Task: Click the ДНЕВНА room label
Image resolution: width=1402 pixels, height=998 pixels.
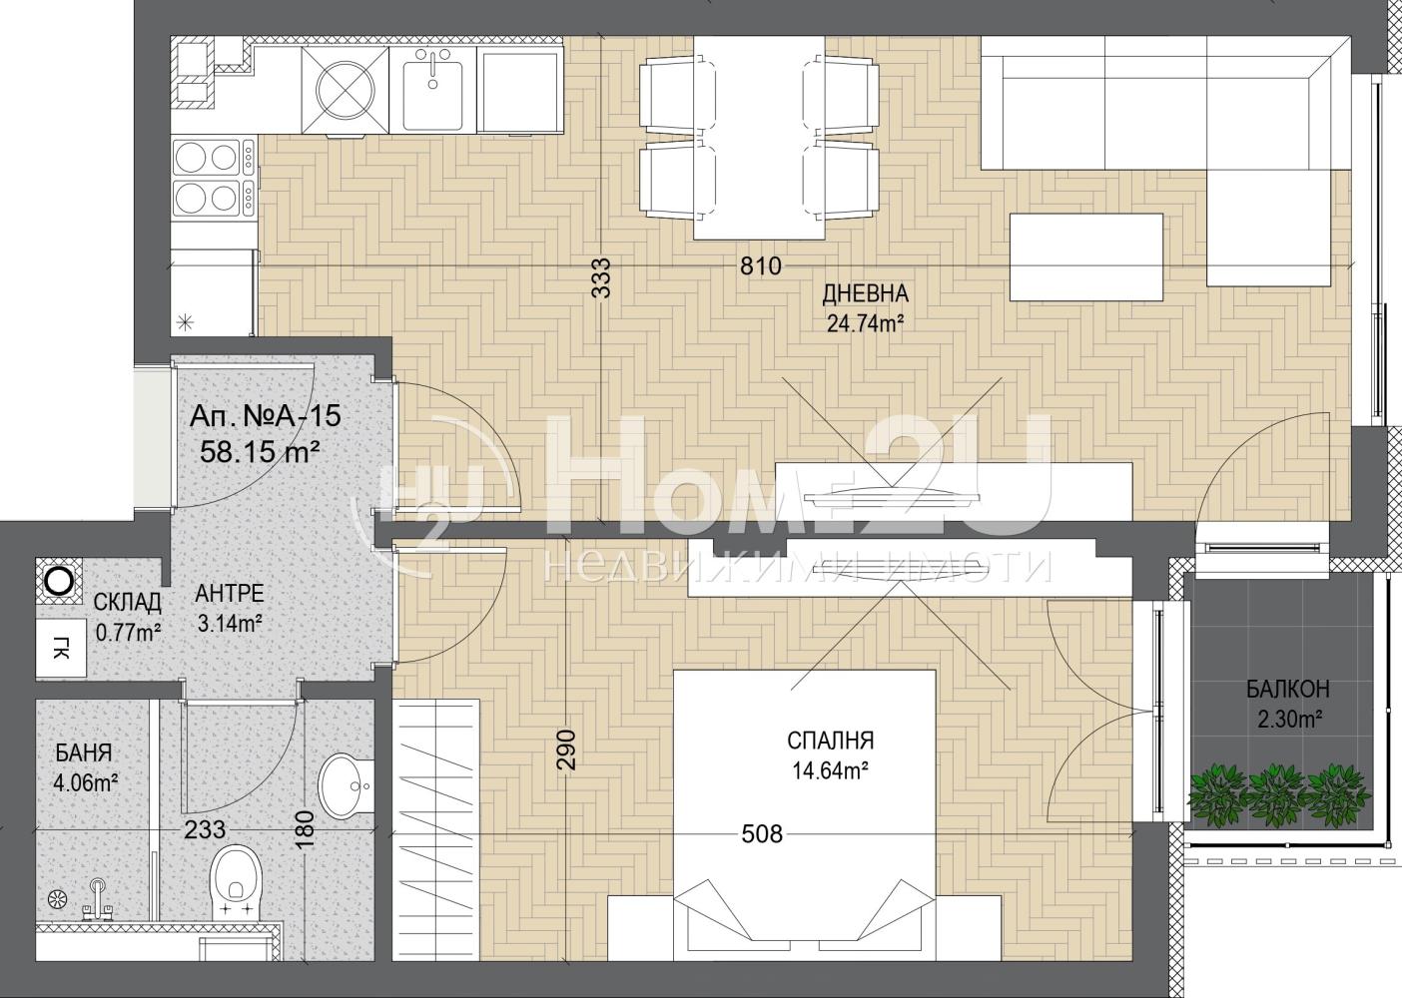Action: (x=865, y=292)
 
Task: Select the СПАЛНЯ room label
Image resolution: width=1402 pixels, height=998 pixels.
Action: (x=830, y=741)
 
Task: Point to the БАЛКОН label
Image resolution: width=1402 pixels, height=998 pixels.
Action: (x=1287, y=690)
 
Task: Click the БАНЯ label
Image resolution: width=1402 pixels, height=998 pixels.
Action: (x=84, y=753)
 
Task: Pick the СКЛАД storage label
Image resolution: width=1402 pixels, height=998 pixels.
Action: (x=128, y=603)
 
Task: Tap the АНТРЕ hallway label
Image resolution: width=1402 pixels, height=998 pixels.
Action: (x=229, y=594)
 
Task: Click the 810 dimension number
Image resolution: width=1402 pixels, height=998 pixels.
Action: (x=761, y=266)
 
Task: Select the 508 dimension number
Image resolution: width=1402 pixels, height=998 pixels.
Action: (x=762, y=834)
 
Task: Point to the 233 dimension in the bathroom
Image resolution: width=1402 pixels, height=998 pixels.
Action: (x=205, y=829)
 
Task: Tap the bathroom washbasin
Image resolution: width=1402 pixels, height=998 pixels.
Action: (x=346, y=785)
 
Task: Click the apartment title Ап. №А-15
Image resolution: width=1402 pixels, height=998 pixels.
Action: (x=266, y=415)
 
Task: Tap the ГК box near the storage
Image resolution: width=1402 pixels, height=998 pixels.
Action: (x=61, y=649)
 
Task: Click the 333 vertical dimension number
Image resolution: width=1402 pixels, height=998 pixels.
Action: (x=601, y=277)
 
